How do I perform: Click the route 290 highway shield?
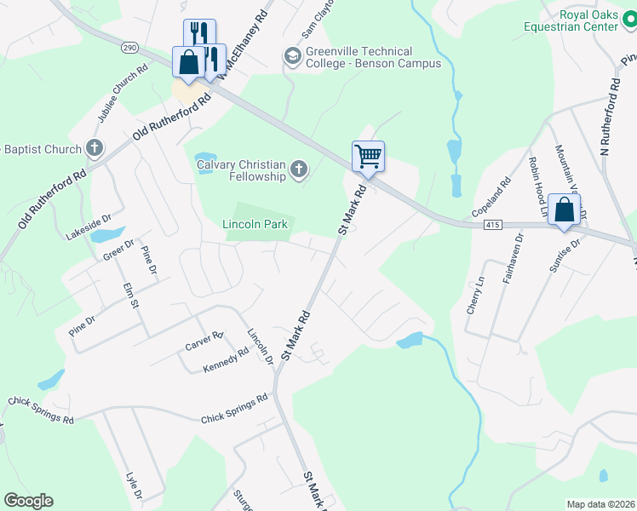pos(129,47)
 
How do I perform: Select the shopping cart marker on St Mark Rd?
pos(368,157)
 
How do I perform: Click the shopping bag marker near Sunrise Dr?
pos(565,210)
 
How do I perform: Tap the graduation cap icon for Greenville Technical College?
pos(292,57)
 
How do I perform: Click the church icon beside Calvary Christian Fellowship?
pos(298,170)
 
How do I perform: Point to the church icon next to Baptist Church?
pos(94,149)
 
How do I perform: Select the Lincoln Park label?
pos(255,224)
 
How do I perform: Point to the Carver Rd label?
pos(204,341)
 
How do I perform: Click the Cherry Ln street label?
pos(474,296)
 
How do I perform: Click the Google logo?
pos(29,501)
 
